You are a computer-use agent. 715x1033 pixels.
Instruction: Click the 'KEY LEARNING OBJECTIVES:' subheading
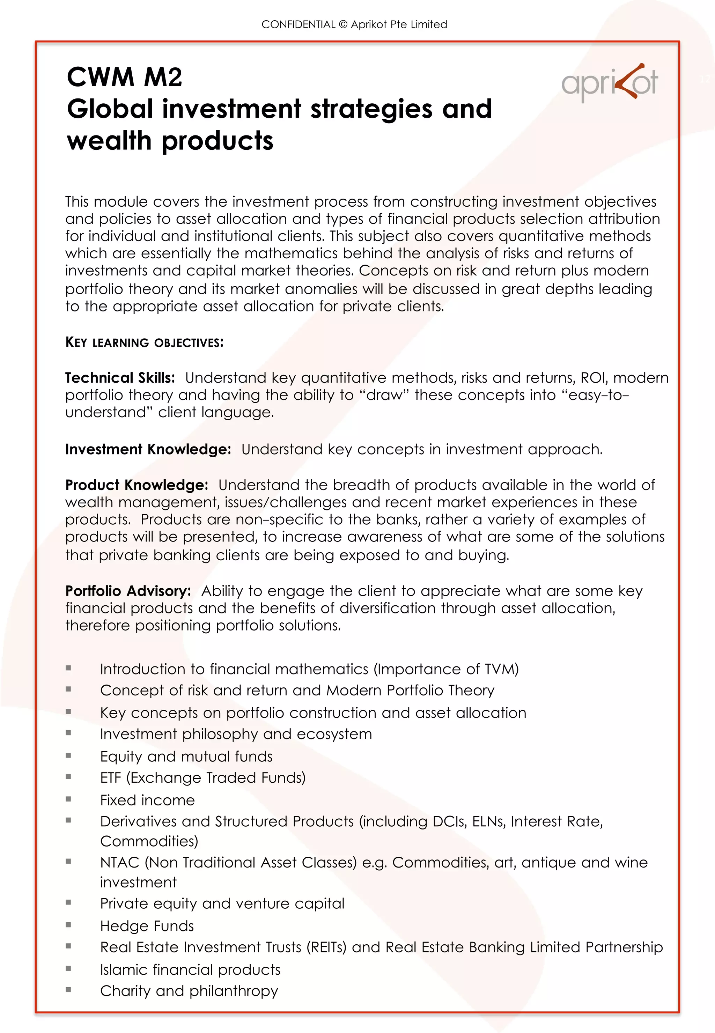click(144, 343)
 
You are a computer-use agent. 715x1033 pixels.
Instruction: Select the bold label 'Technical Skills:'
click(120, 378)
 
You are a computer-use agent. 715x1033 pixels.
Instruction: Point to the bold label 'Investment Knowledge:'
click(148, 449)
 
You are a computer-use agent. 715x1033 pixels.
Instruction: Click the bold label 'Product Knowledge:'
click(137, 485)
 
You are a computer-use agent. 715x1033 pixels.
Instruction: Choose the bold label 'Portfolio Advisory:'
click(128, 591)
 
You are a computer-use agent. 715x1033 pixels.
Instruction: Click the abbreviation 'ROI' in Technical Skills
click(593, 378)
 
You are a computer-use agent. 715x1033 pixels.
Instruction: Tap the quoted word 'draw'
click(384, 395)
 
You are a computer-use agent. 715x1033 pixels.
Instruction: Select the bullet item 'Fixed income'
click(147, 800)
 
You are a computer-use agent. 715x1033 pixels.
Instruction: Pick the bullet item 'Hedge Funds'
click(147, 926)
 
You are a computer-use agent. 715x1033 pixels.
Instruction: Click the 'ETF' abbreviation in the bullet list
click(111, 778)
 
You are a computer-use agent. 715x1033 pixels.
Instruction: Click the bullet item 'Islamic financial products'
click(190, 970)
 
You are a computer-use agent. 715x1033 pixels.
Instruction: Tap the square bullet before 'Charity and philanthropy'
click(68, 990)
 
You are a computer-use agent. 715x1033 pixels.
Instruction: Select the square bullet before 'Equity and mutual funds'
click(68, 755)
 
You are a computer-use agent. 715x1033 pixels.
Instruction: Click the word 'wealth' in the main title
click(109, 141)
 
